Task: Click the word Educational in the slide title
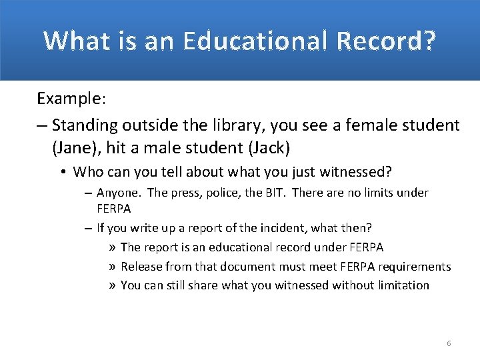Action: (253, 41)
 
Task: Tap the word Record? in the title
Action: (387, 41)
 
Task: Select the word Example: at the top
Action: (71, 99)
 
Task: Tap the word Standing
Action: (83, 125)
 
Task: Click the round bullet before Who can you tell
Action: (61, 172)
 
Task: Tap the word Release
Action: (142, 267)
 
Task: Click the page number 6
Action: (449, 343)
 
